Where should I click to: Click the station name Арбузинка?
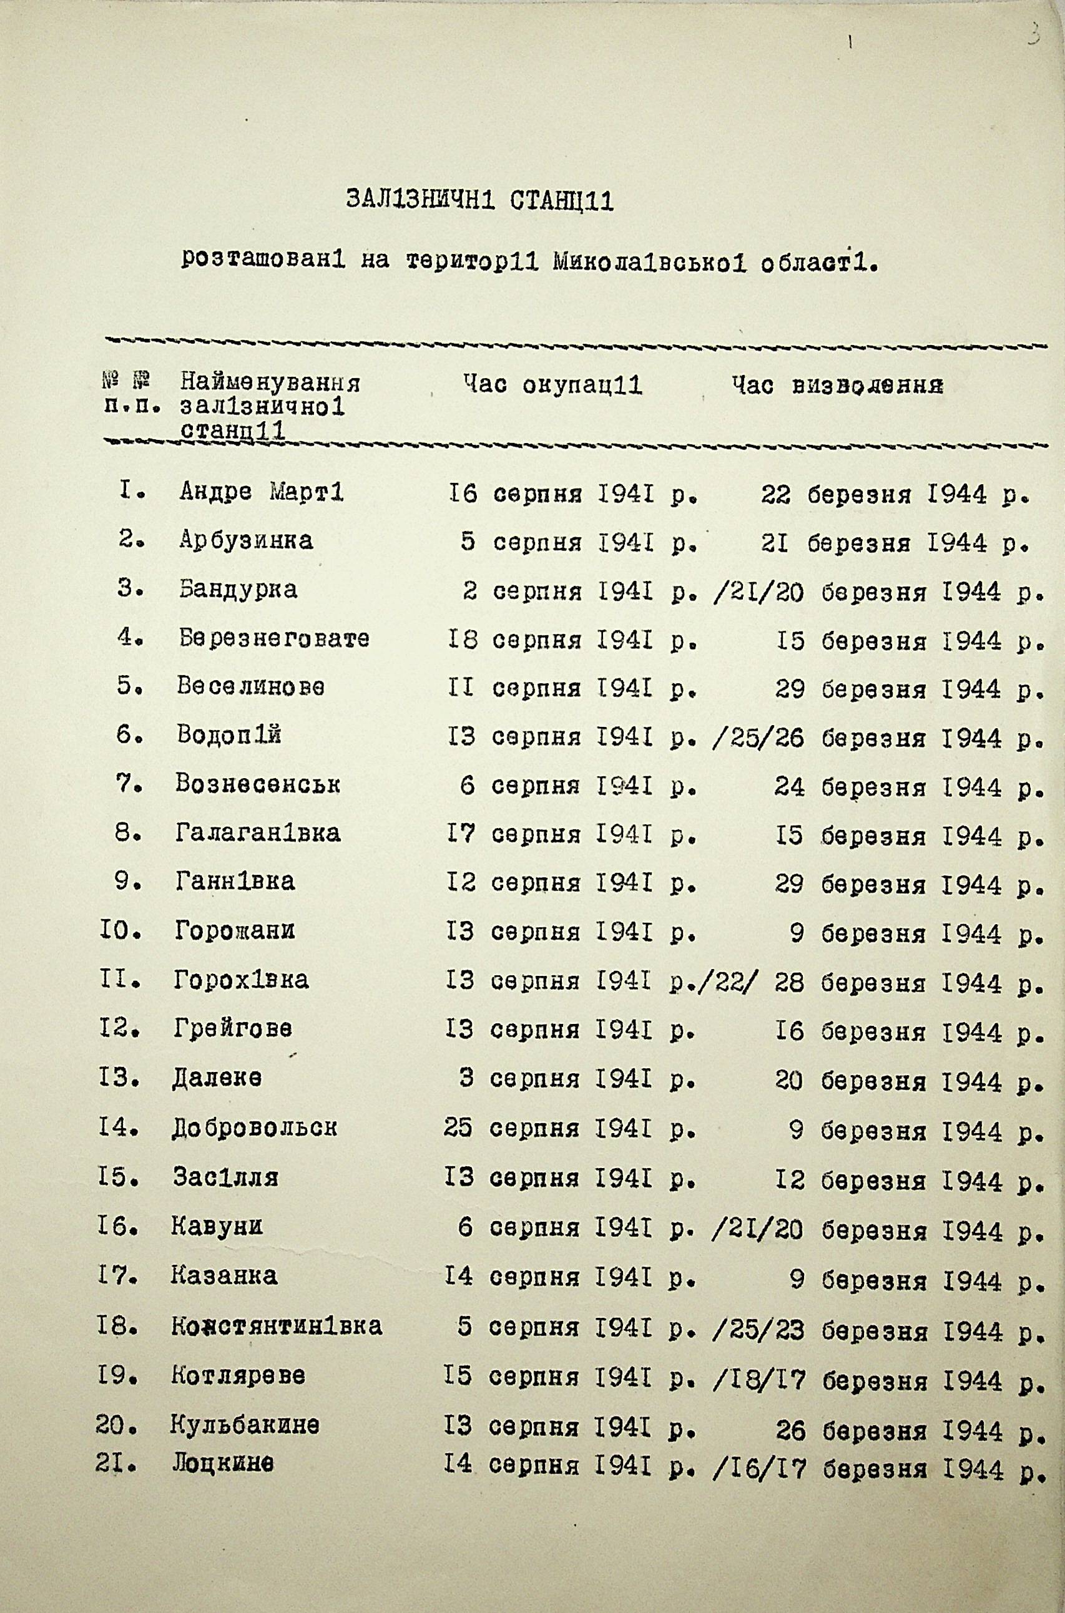click(x=246, y=541)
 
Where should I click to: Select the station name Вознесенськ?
click(x=257, y=786)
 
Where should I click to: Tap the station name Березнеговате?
click(x=275, y=639)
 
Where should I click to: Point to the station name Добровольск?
click(x=255, y=1128)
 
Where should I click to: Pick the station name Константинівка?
click(x=277, y=1326)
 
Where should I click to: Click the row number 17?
click(x=117, y=1276)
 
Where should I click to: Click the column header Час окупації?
click(x=552, y=386)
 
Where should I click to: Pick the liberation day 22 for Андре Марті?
click(x=775, y=495)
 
